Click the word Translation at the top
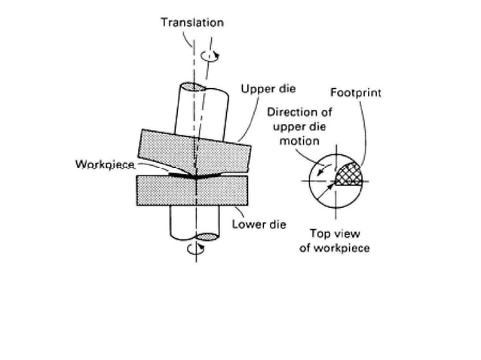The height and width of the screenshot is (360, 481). coord(192,23)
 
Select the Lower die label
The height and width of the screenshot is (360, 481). coord(259,224)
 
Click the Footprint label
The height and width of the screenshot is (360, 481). coord(355,93)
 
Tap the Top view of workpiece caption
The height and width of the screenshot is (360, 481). coord(334,240)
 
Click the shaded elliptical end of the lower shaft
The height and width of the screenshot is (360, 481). coord(205,237)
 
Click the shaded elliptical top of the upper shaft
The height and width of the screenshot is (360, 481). coord(194,87)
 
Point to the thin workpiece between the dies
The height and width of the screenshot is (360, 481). coord(181,172)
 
